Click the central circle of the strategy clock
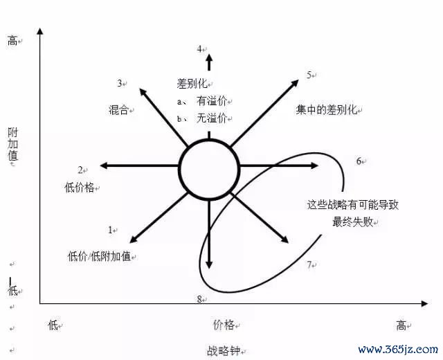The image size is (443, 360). point(209,170)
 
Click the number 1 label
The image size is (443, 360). point(111,230)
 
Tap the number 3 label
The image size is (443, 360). point(120,83)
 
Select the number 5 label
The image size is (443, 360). point(309,75)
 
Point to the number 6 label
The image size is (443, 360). point(359,161)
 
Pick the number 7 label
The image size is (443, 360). point(309,264)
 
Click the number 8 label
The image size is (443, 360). point(199,299)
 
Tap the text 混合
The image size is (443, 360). point(118,110)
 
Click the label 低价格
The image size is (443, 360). point(80,188)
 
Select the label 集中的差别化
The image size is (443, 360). point(326,110)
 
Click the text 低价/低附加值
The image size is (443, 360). point(99,256)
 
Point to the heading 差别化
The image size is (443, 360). point(192,84)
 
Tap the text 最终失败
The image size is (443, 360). point(352,222)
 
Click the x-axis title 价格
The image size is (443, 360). point(224,325)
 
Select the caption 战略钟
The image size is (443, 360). point(224,351)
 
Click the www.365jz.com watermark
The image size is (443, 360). point(398,350)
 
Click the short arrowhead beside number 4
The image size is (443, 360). point(209,62)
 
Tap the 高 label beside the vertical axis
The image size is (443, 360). point(12,41)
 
